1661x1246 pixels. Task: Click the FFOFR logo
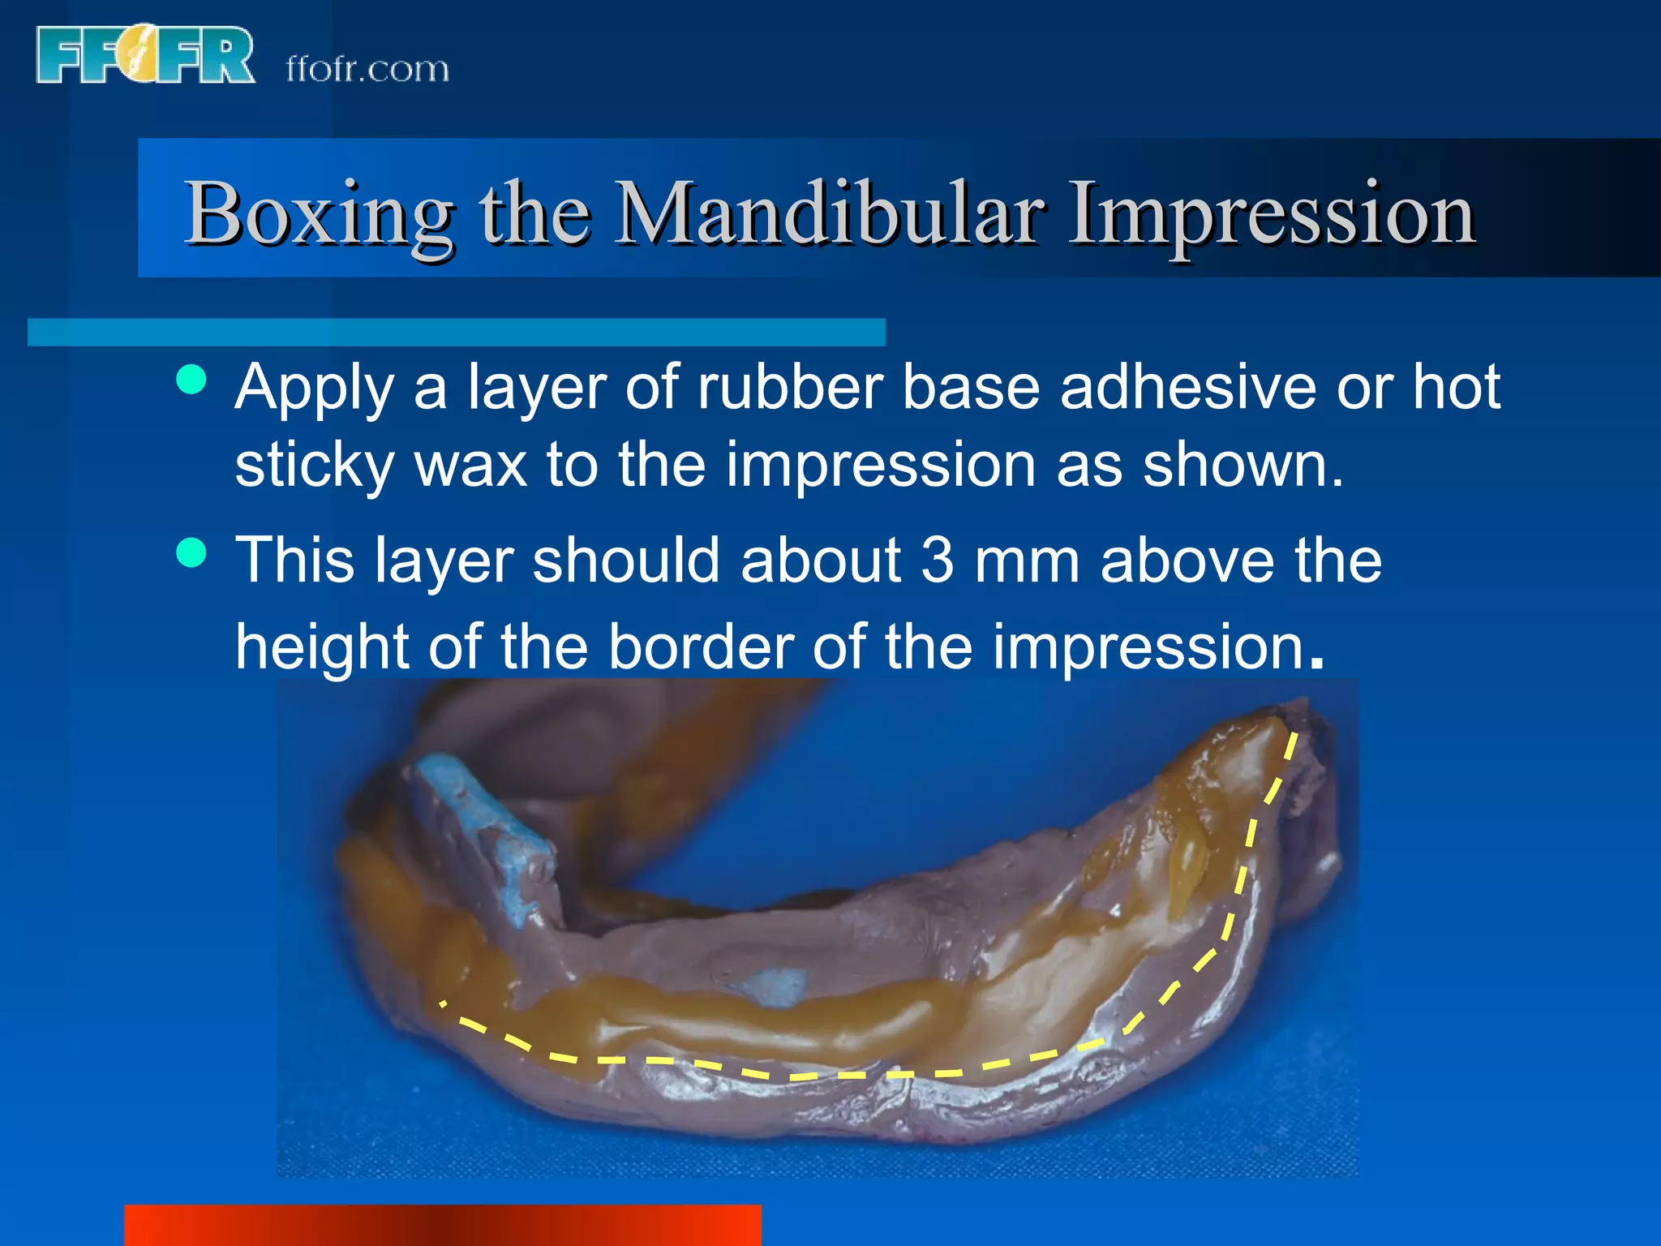(x=144, y=54)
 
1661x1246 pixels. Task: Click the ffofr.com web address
(x=367, y=70)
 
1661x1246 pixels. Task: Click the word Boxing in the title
(x=319, y=213)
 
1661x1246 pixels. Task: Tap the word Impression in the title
(x=1270, y=213)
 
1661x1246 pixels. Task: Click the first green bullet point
(x=191, y=380)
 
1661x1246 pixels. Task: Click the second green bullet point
(x=191, y=554)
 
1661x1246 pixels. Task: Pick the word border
(x=701, y=647)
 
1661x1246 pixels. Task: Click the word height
(x=322, y=647)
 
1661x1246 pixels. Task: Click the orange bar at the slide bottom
(x=442, y=1225)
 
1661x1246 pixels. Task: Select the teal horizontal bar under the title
(x=456, y=333)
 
